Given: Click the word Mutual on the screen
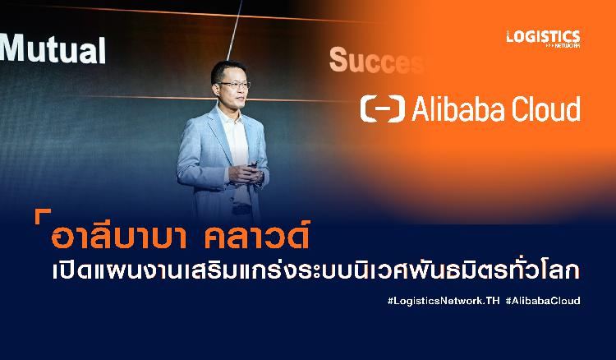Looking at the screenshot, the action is (53, 48).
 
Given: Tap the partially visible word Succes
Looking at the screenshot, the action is (376, 60).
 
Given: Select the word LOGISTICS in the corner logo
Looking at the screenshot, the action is (544, 36).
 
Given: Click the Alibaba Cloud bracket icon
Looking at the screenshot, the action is (382, 108).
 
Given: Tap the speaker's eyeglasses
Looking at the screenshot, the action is (235, 84).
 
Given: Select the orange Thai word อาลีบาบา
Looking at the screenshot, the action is (118, 237).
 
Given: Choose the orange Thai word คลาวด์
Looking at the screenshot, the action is (257, 235).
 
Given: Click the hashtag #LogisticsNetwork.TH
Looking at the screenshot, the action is (444, 301).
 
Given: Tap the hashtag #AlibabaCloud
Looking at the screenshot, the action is (543, 301).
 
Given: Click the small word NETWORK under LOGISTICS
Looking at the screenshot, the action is (567, 45).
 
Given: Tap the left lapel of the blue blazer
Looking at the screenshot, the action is (220, 134).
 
